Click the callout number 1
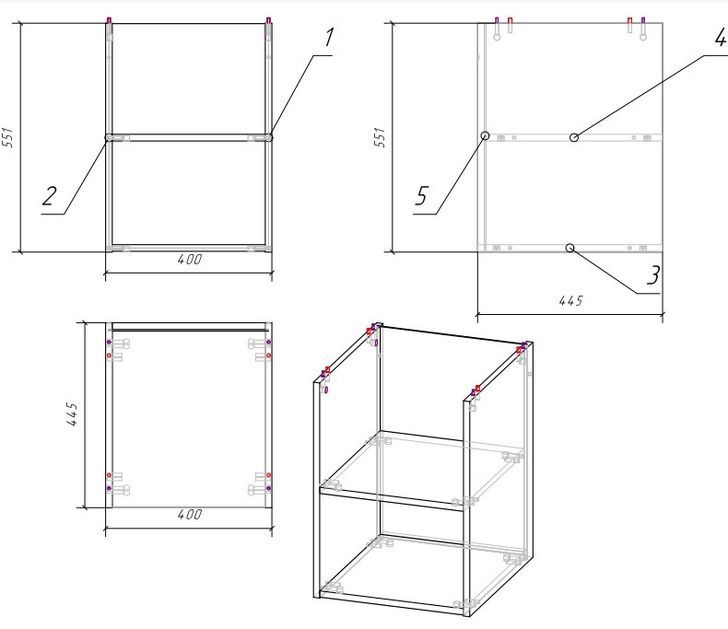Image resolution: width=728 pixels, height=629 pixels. [329, 37]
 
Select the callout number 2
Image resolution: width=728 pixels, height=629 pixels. [50, 196]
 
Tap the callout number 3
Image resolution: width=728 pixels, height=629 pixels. [653, 275]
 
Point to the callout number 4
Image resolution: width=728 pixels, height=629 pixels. [720, 37]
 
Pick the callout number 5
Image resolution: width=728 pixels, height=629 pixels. [421, 196]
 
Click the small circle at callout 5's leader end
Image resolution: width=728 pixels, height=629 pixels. [485, 135]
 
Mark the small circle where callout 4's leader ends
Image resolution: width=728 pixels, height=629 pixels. [574, 137]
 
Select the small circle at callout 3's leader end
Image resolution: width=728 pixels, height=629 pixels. [570, 248]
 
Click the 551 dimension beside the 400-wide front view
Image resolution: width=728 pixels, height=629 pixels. [8, 137]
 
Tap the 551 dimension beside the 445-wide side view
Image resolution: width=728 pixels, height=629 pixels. [380, 137]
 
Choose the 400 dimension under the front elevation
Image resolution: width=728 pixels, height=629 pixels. [190, 260]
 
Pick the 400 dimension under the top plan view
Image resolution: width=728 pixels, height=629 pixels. [190, 515]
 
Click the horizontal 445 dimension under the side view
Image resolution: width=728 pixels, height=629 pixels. [571, 301]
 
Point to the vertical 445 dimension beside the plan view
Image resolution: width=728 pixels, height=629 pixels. [72, 414]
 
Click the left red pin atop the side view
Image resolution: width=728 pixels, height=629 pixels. [511, 21]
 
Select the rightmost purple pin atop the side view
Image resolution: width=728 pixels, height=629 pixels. [643, 21]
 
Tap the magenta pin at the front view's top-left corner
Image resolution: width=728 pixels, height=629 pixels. [109, 20]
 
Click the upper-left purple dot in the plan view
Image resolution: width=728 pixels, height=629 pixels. [109, 343]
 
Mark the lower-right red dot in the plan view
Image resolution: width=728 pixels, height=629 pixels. [268, 475]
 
